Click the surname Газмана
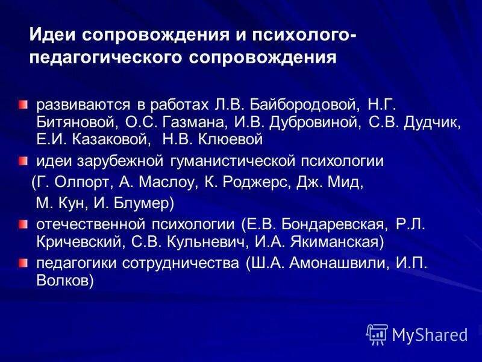coord(194,122)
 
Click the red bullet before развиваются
coord(22,105)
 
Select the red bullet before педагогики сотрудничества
coord(22,264)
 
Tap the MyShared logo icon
coord(377,333)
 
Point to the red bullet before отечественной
coord(22,225)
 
